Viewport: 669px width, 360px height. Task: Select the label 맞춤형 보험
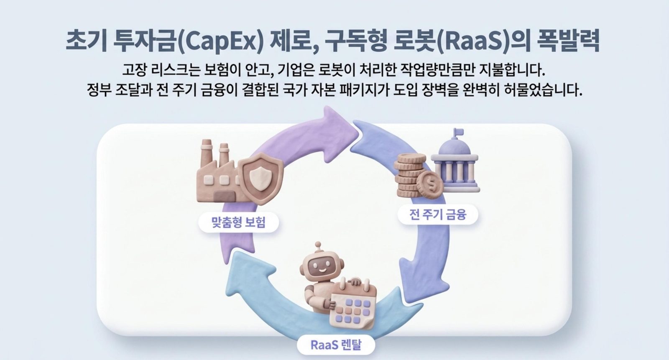pos(238,222)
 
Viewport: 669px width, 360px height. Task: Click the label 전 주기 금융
pos(437,214)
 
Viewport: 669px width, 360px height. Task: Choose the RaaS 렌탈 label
pos(336,345)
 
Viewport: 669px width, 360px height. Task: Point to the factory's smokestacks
pos(215,152)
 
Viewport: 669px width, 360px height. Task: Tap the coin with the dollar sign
pos(430,185)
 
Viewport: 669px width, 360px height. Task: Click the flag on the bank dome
pos(458,133)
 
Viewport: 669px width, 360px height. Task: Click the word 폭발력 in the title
pos(567,41)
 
